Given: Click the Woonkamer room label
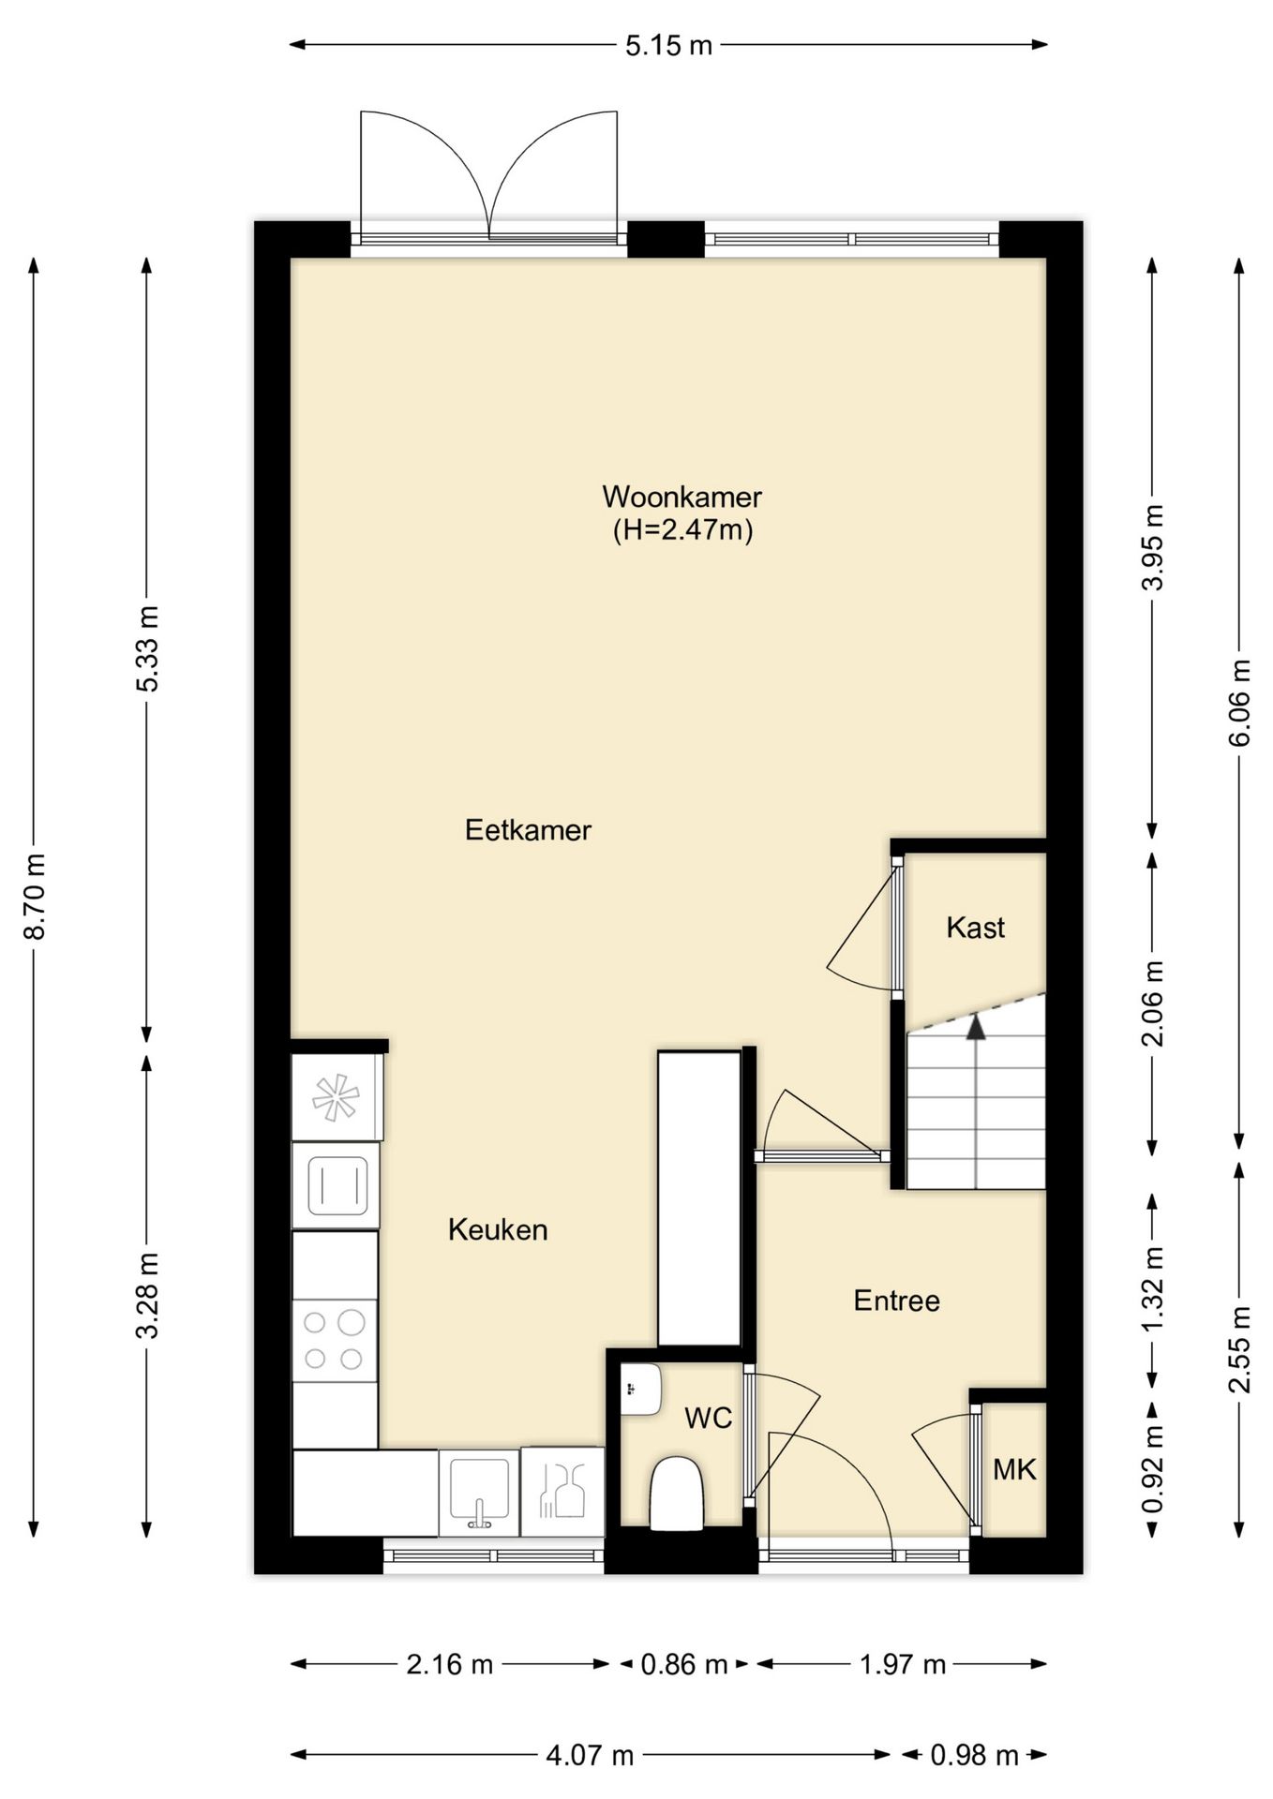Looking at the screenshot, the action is tap(681, 496).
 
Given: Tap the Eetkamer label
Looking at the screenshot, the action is tap(528, 830).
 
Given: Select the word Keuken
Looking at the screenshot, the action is tap(498, 1229).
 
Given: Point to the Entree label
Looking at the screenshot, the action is tap(896, 1301).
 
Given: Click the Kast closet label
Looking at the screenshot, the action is tap(975, 928).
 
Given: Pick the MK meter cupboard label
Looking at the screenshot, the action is tap(1014, 1469).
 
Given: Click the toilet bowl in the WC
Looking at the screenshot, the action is tap(676, 1493).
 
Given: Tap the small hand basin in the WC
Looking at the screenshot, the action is tap(641, 1390).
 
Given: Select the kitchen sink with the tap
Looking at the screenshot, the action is tap(479, 1493).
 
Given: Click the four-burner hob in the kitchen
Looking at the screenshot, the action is tap(335, 1340).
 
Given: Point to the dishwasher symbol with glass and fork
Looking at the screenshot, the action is tap(562, 1492).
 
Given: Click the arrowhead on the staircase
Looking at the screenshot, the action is tap(977, 1027).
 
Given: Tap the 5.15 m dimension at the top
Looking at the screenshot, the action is tap(668, 45).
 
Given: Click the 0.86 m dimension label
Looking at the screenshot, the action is tap(683, 1664).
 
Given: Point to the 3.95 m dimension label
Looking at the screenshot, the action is tap(1152, 547).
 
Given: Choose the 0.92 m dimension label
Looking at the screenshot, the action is tap(1152, 1468).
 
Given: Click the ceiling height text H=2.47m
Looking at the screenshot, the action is tap(682, 530).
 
